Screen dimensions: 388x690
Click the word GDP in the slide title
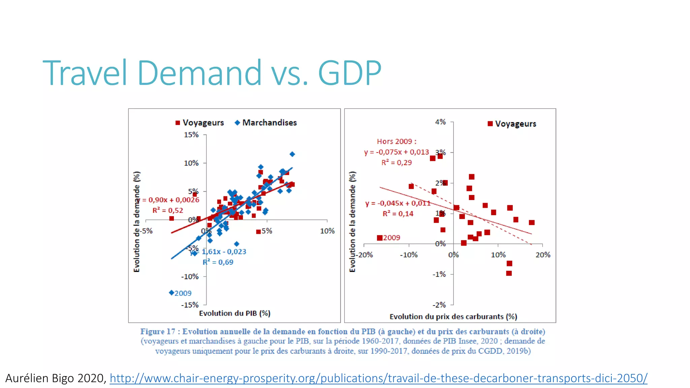349,73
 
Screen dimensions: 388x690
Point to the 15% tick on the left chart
191,135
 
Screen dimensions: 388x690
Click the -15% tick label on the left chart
190,305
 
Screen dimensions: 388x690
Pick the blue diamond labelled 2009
171,293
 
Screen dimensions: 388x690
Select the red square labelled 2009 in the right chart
380,238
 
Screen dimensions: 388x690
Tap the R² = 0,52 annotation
168,211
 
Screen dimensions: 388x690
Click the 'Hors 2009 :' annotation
397,141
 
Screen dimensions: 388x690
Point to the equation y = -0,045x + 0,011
398,203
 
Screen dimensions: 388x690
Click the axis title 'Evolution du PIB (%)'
234,313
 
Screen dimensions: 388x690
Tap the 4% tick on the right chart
440,122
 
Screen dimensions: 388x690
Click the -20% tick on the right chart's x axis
365,255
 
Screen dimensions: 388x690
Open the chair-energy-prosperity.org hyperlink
378,378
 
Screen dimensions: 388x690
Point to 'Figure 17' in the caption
158,331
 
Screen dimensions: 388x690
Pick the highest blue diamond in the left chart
292,154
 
